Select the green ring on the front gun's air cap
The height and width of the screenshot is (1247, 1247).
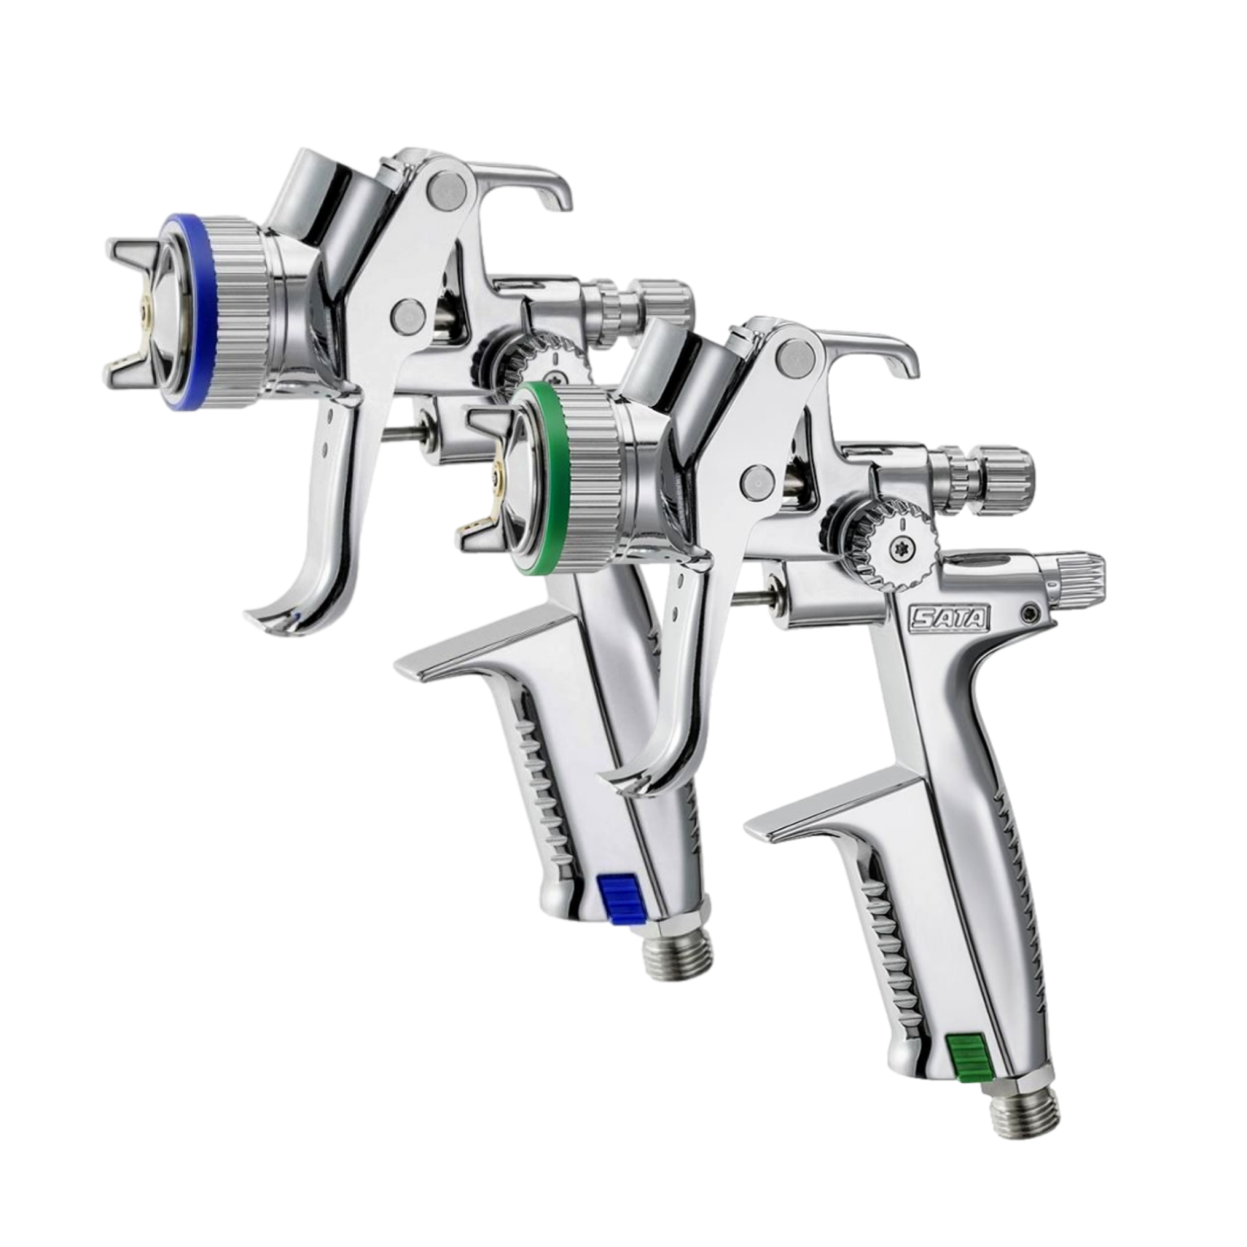528,471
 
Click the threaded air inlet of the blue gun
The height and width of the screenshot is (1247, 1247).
679,955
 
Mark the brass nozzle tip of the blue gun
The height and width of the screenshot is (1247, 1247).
146,309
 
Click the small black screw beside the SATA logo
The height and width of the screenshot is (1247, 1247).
1033,611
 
